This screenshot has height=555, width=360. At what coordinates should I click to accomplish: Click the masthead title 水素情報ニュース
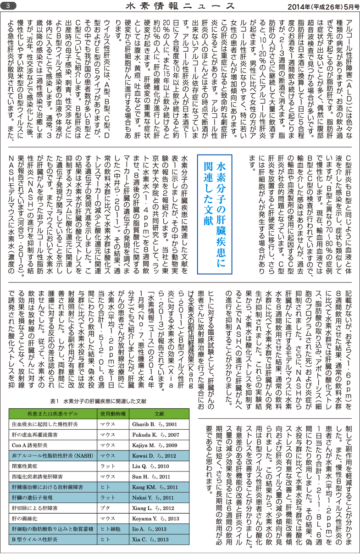(x=180, y=6)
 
